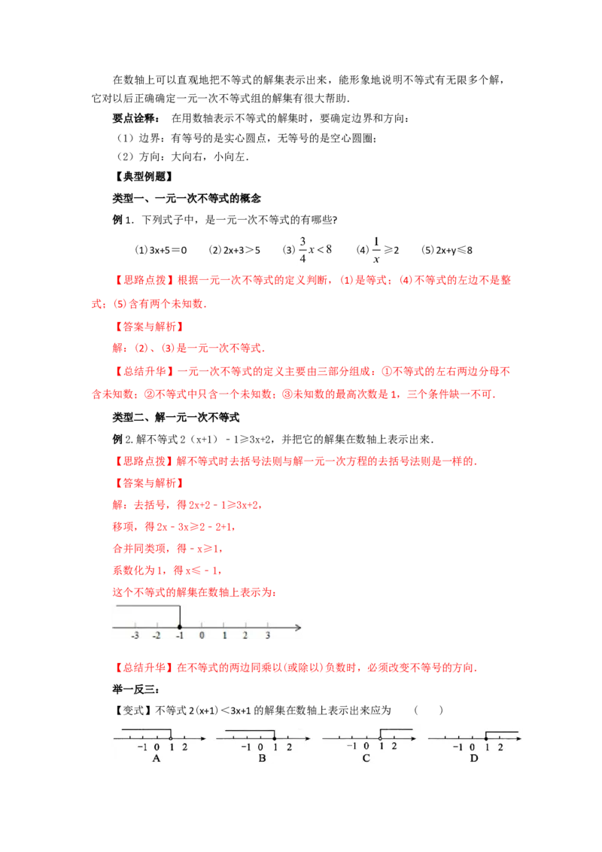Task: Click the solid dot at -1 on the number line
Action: [180, 627]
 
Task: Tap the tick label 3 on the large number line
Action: [268, 635]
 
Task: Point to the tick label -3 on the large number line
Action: [135, 635]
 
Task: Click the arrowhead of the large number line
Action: [298, 628]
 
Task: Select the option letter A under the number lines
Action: [157, 758]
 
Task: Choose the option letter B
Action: [262, 758]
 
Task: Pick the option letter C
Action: [366, 758]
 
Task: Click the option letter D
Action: [474, 758]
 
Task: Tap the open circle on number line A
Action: [171, 738]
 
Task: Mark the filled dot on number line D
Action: [486, 738]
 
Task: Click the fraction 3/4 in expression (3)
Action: [303, 249]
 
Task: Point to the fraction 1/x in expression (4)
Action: [376, 250]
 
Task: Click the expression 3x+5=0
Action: [168, 251]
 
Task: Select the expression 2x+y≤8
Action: [455, 251]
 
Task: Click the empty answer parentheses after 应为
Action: [428, 711]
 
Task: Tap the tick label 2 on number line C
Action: [394, 747]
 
